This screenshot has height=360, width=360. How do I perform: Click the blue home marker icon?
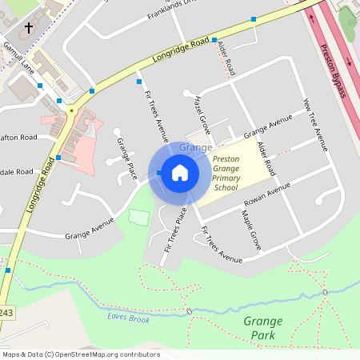coord(180,172)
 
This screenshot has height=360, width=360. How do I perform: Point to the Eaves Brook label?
coord(128,319)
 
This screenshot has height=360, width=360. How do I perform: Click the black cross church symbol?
coord(30,28)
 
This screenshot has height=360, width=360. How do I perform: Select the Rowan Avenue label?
coord(268,201)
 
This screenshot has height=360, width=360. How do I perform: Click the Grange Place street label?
coord(125,160)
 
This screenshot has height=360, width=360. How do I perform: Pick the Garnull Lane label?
coord(17,55)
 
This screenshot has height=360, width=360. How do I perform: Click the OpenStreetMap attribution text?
coord(80,354)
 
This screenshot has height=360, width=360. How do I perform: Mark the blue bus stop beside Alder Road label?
coord(214,40)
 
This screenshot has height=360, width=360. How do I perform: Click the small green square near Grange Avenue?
coord(138,218)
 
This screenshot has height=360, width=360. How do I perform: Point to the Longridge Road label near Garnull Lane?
coord(182,48)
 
